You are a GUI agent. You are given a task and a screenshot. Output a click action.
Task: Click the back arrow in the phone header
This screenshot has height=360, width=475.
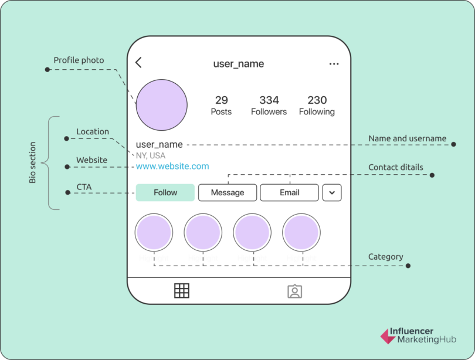coord(138,63)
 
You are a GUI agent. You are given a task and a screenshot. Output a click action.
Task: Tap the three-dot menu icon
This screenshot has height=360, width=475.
coord(334,64)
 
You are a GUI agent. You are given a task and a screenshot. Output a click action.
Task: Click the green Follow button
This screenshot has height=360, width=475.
coord(165,192)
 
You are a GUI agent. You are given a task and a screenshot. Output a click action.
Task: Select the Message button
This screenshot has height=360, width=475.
coord(228,192)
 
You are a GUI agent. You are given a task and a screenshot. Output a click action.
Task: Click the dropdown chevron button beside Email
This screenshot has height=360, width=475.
coord(332,192)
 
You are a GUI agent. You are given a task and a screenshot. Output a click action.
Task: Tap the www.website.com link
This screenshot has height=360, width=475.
coord(172,167)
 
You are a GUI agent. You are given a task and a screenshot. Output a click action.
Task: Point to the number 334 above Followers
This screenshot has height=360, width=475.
coord(269,100)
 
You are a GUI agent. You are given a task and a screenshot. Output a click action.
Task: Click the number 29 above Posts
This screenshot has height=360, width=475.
coord(221,100)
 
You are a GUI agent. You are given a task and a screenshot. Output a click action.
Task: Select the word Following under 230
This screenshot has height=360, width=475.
coord(317,111)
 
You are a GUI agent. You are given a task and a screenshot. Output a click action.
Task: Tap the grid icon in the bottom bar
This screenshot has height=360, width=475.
coord(182,291)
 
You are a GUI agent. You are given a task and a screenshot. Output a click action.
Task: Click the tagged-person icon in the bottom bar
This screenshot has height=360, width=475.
coord(294,291)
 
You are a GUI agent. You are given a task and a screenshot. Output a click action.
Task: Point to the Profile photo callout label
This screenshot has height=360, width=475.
coord(79,60)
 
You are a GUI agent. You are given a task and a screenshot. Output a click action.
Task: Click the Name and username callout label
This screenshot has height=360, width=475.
coord(407,139)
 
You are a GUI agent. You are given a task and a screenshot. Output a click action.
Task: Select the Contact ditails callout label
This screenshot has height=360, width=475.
coord(395,167)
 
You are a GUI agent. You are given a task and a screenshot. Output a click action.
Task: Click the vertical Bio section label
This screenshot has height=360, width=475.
coord(33,162)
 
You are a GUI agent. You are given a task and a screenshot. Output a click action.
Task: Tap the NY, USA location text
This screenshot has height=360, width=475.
coord(151,155)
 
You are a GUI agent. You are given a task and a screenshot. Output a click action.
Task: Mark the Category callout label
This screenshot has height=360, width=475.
coord(385,257)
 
